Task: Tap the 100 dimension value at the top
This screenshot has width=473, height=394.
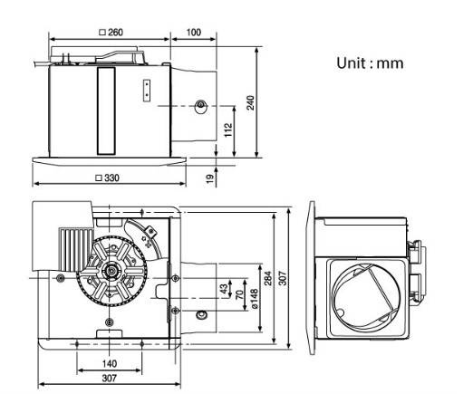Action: pyautogui.click(x=194, y=32)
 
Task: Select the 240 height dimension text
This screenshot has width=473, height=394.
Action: pyautogui.click(x=251, y=102)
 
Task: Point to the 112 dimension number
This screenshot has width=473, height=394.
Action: pyautogui.click(x=228, y=130)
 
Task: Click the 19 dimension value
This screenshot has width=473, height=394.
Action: pyautogui.click(x=210, y=178)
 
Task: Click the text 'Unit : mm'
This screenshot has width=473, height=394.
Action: pyautogui.click(x=370, y=63)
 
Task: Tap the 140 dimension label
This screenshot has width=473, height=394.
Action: pyautogui.click(x=110, y=363)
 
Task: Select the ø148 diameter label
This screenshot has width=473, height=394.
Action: pyautogui.click(x=255, y=299)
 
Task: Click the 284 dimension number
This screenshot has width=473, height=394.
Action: pyautogui.click(x=268, y=278)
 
